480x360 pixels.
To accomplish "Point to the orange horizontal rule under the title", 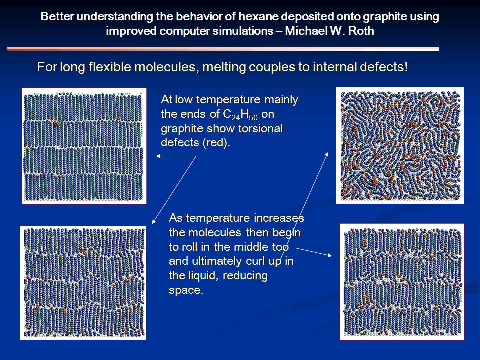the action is tap(223, 48).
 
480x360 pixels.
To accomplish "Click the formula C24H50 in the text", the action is tap(240, 115).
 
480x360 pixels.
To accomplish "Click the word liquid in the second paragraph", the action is tap(204, 276).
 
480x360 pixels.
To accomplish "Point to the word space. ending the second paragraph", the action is tap(186, 290).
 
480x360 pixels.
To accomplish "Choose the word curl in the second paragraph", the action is tap(250, 261).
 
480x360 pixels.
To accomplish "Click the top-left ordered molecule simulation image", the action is tap(84, 146).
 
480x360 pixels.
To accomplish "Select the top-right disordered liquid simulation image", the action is tap(400, 145).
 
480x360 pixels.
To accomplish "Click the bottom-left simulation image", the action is tap(83, 283).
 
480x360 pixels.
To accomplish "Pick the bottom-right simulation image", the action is tap(402, 282).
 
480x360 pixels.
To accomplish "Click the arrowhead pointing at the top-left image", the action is tap(158, 156).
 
